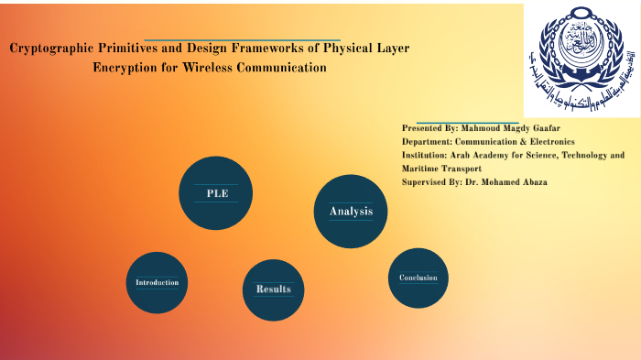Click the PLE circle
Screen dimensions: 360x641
pyautogui.click(x=216, y=193)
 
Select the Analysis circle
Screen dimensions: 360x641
pyautogui.click(x=351, y=212)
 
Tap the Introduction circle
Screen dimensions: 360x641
pyautogui.click(x=157, y=282)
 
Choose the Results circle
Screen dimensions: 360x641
pyautogui.click(x=273, y=289)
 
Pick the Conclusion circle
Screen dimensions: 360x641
pyautogui.click(x=418, y=278)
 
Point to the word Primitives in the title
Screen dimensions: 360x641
pyautogui.click(x=138, y=49)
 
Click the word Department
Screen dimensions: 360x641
pyautogui.click(x=428, y=142)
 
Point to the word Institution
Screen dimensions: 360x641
pyautogui.click(x=427, y=156)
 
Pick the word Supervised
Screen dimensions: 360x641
pyautogui.click(x=427, y=182)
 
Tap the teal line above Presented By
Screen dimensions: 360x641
pyautogui.click(x=467, y=121)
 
